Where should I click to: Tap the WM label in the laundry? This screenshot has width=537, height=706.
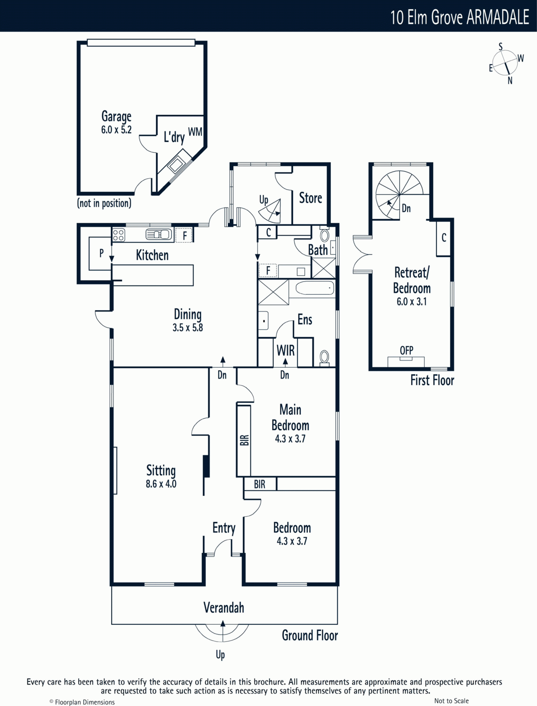(x=195, y=131)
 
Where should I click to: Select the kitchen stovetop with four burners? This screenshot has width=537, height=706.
(x=118, y=234)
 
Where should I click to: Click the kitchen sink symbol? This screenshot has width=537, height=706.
(x=159, y=234)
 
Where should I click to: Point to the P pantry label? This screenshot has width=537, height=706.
(x=102, y=253)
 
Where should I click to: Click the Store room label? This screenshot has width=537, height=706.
(x=310, y=198)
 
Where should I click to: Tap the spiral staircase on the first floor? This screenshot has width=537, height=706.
(x=399, y=194)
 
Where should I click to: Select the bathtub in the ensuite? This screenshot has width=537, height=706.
(x=315, y=288)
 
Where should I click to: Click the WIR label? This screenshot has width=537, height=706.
(x=285, y=350)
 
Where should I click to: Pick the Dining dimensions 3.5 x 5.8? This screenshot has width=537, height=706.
(x=188, y=328)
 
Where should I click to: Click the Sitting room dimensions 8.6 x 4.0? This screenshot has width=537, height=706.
(x=161, y=484)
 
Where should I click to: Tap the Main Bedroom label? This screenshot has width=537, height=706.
(x=290, y=417)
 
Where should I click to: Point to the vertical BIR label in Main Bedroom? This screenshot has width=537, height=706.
(x=244, y=440)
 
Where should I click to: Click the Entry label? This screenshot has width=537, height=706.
(x=224, y=528)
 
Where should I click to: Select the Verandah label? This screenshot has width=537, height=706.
(x=223, y=608)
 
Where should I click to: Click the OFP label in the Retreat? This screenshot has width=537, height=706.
(x=406, y=350)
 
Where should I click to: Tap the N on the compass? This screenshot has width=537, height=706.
(x=510, y=81)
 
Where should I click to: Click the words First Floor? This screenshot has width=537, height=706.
(x=432, y=380)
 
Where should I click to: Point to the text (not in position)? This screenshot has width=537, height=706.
(x=104, y=203)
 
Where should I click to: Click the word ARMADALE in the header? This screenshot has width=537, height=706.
(x=498, y=17)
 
